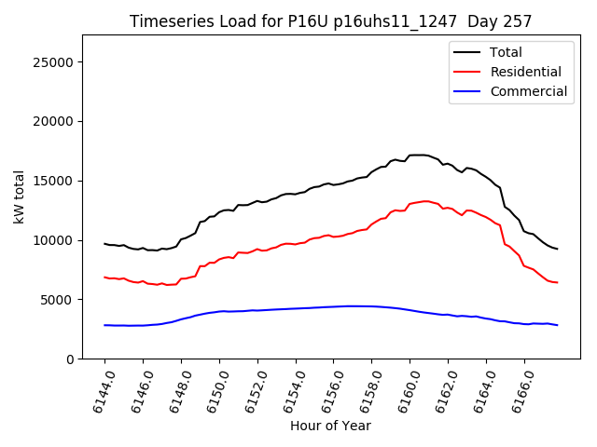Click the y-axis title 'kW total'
click(x=19, y=196)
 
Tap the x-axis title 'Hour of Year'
click(x=330, y=426)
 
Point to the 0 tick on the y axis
click(x=70, y=359)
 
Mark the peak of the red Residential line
click(x=425, y=201)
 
